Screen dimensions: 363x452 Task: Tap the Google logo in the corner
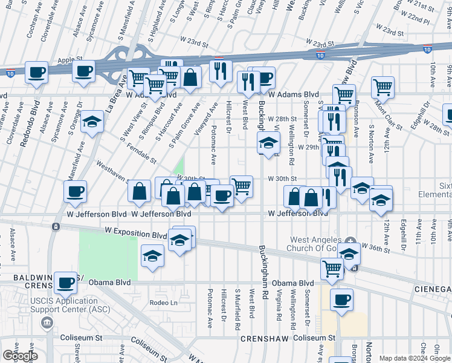[x=20, y=356]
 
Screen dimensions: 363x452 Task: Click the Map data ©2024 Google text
[x=414, y=358]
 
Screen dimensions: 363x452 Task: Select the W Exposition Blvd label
[x=135, y=232]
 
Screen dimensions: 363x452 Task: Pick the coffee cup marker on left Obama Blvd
[x=66, y=283]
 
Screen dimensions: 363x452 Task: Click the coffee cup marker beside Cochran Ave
[x=36, y=74]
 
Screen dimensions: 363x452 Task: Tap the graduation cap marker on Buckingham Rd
[x=268, y=143]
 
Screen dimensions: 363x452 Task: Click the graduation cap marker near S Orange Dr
[x=92, y=123]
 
